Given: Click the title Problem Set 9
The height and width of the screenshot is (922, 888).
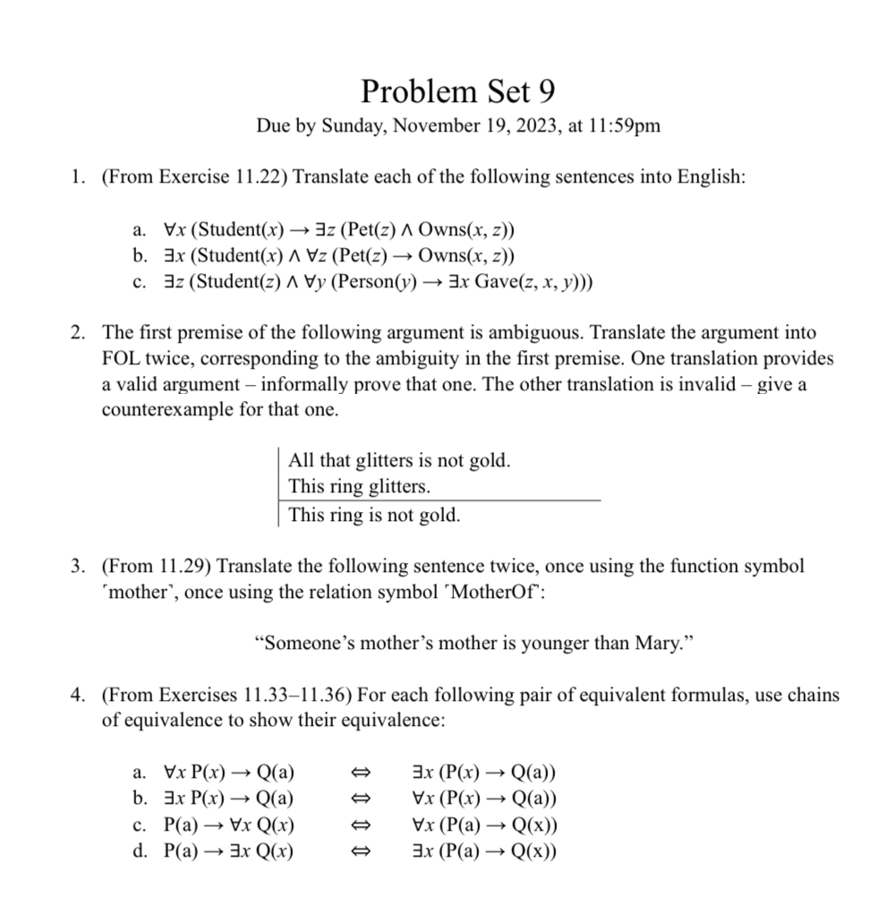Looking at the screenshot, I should (458, 90).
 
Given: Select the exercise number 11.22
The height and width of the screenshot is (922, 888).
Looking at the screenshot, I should (257, 177).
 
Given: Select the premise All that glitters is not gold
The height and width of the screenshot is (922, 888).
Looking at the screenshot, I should (399, 462).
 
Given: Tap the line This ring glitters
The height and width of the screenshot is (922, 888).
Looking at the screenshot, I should (359, 488).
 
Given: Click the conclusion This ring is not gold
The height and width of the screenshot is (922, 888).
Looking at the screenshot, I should (374, 516).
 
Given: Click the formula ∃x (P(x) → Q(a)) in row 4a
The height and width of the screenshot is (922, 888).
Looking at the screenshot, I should (484, 773).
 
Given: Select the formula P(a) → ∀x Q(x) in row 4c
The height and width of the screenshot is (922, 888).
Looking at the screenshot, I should (229, 825).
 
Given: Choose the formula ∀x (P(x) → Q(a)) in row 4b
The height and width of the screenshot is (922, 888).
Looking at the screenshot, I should (484, 799).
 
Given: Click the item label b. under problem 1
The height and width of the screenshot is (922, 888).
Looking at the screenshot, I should (139, 257).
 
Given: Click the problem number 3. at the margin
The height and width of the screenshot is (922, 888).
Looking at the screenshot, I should (79, 567).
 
